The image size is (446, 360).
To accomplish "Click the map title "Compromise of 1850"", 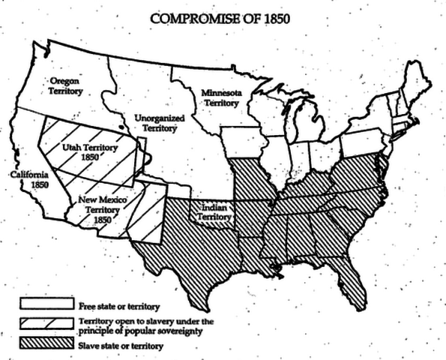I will pyautogui.click(x=222, y=17).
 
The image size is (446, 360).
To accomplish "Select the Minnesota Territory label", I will pyautogui.click(x=218, y=98).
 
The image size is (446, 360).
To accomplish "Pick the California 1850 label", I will pyautogui.click(x=28, y=179).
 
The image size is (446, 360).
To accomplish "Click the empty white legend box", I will pyautogui.click(x=46, y=305).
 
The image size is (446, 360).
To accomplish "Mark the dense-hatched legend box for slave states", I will pyautogui.click(x=46, y=344).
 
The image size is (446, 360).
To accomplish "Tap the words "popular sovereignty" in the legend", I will pyautogui.click(x=157, y=331).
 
